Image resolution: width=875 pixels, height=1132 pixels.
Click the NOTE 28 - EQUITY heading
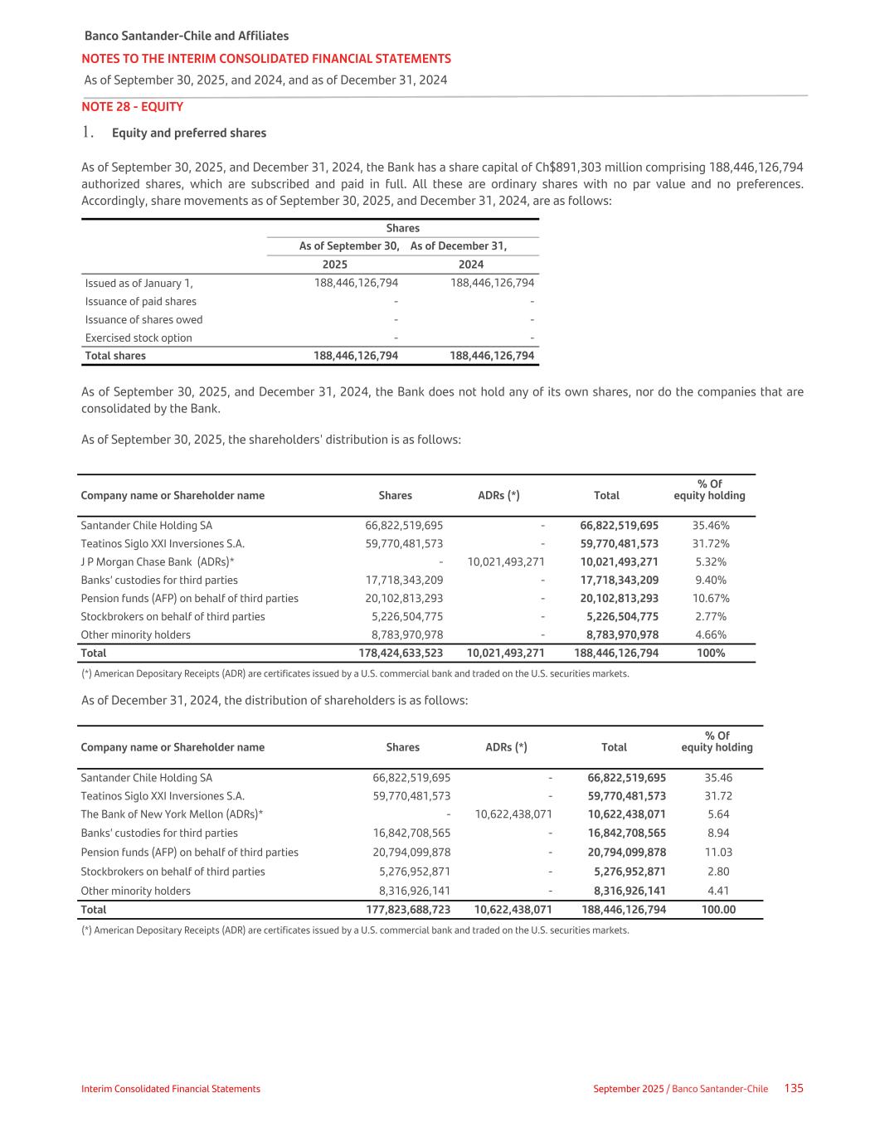coord(132,107)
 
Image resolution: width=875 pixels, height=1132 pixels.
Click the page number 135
coord(794,1088)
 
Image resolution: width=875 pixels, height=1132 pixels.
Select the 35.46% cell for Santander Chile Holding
coord(711,525)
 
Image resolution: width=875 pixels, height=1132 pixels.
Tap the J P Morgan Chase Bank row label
coord(158,561)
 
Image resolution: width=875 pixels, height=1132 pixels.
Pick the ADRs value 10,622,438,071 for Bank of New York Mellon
coord(513,814)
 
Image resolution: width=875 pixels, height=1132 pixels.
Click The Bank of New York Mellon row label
coord(172,814)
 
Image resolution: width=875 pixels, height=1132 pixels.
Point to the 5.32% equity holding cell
coord(711,561)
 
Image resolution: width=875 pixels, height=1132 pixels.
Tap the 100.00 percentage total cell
coord(718,910)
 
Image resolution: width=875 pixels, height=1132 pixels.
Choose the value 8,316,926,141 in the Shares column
coord(411,891)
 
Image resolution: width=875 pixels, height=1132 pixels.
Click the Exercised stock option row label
coord(139,338)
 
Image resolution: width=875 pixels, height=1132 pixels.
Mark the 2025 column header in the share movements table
coord(334,265)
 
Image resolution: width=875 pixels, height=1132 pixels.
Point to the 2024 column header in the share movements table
coord(470,265)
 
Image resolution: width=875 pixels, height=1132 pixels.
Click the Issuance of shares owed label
coord(143,319)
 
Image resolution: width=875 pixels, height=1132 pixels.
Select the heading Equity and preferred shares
coord(189,133)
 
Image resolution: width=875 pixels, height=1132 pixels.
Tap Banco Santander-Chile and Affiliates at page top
coord(187,36)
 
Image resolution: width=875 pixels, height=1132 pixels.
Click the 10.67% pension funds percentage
coord(711,598)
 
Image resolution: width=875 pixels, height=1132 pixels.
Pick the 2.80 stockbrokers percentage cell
coord(718,872)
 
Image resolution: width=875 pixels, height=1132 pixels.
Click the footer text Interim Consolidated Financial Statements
coord(171,1089)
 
